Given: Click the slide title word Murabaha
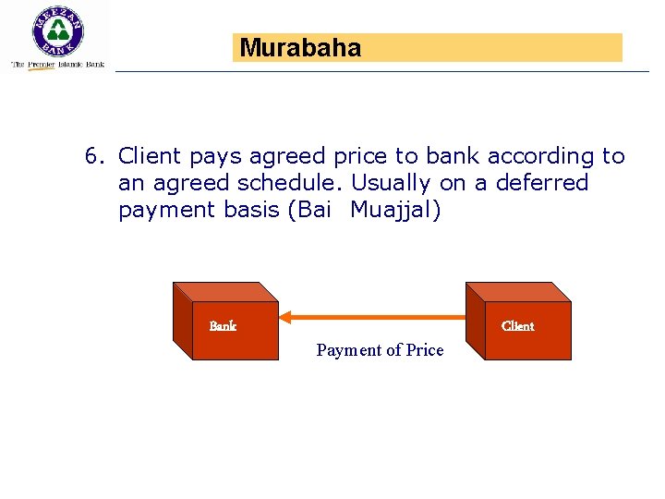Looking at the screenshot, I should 300,48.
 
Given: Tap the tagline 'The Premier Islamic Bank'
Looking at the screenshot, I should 57,65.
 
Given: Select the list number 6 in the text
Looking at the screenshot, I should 92,157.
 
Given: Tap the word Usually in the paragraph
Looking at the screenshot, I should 393,183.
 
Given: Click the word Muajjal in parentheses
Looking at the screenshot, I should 395,210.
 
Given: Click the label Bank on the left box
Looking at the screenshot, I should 223,326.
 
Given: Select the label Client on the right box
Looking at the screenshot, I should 517,326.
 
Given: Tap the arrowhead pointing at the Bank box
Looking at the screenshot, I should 286,318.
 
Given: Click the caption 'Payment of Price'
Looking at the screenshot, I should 380,350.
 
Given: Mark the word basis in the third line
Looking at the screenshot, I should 252,210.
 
